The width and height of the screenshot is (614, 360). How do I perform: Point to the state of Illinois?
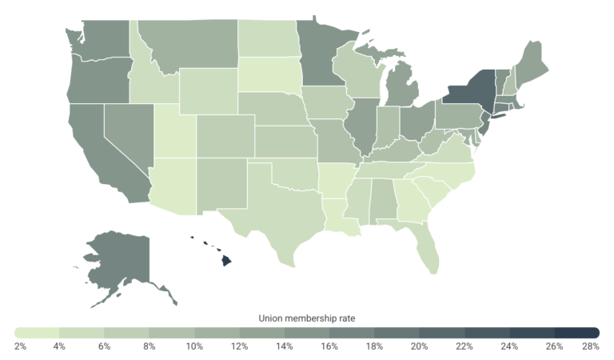pos(361,127)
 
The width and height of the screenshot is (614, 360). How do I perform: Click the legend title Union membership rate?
pos(307,318)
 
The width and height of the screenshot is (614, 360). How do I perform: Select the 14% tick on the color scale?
pos(284,346)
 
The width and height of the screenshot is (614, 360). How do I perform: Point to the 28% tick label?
pos(591,346)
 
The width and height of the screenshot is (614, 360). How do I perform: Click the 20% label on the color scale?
pos(417,346)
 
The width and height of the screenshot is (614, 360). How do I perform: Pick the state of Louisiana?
pos(339,212)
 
